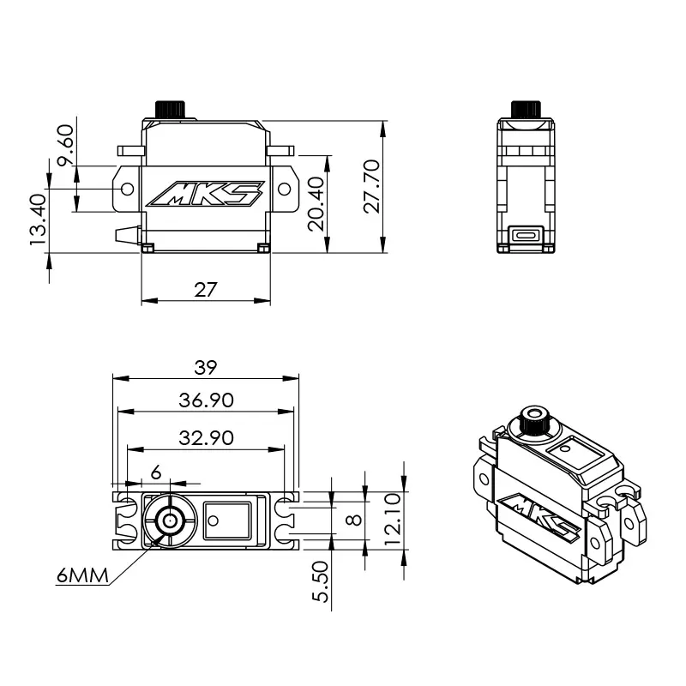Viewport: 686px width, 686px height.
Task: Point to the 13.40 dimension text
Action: [x=38, y=220]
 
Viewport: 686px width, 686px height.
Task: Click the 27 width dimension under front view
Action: [x=205, y=289]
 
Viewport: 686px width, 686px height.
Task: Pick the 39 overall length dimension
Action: [x=206, y=367]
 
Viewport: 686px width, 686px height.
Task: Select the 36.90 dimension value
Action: [x=206, y=400]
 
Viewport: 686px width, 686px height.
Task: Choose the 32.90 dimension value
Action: [x=206, y=436]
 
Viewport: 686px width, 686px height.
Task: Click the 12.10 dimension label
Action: [x=392, y=514]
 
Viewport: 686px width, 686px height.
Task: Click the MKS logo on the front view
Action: [x=206, y=195]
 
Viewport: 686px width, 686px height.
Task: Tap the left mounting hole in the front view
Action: [x=128, y=188]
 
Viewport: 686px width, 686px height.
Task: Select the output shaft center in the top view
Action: [x=170, y=520]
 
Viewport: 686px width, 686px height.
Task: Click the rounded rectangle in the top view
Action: [x=226, y=520]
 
